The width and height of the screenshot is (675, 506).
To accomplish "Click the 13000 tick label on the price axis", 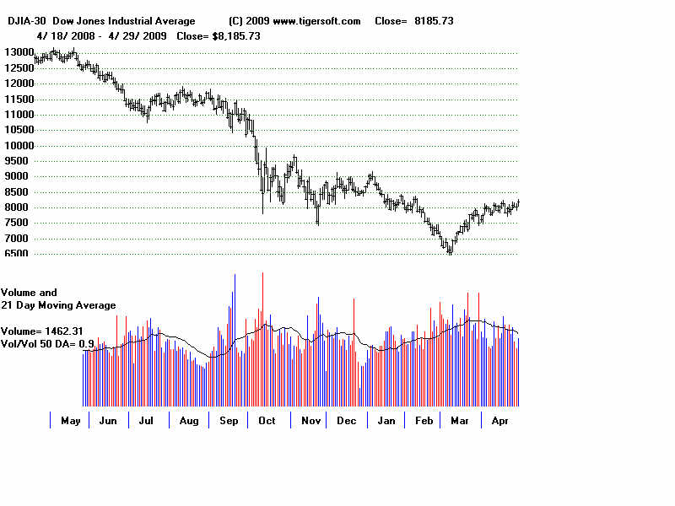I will tap(19, 52).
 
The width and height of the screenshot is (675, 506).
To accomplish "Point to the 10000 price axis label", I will tap(19, 145).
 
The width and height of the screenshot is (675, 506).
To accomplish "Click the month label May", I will tap(71, 420).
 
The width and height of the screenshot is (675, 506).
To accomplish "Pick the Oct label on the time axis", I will tap(267, 420).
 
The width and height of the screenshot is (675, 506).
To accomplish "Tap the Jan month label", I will tap(386, 420).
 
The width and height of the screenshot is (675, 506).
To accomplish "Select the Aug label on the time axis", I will tap(189, 420).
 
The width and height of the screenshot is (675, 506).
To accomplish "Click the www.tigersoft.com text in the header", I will tap(316, 21).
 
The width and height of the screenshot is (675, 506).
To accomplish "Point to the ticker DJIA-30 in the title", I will tap(28, 21).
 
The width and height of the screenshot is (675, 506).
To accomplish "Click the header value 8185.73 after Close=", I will tap(434, 21).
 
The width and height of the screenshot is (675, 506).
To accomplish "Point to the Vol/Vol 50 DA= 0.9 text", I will tap(47, 343).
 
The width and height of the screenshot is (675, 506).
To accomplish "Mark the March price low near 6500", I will tap(451, 250).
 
